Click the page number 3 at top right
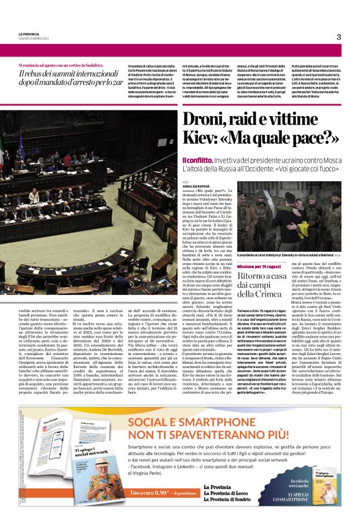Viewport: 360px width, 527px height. tap(339, 37)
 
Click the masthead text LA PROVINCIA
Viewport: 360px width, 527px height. tap(29, 34)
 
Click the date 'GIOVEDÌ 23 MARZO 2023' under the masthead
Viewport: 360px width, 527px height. tap(34, 38)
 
